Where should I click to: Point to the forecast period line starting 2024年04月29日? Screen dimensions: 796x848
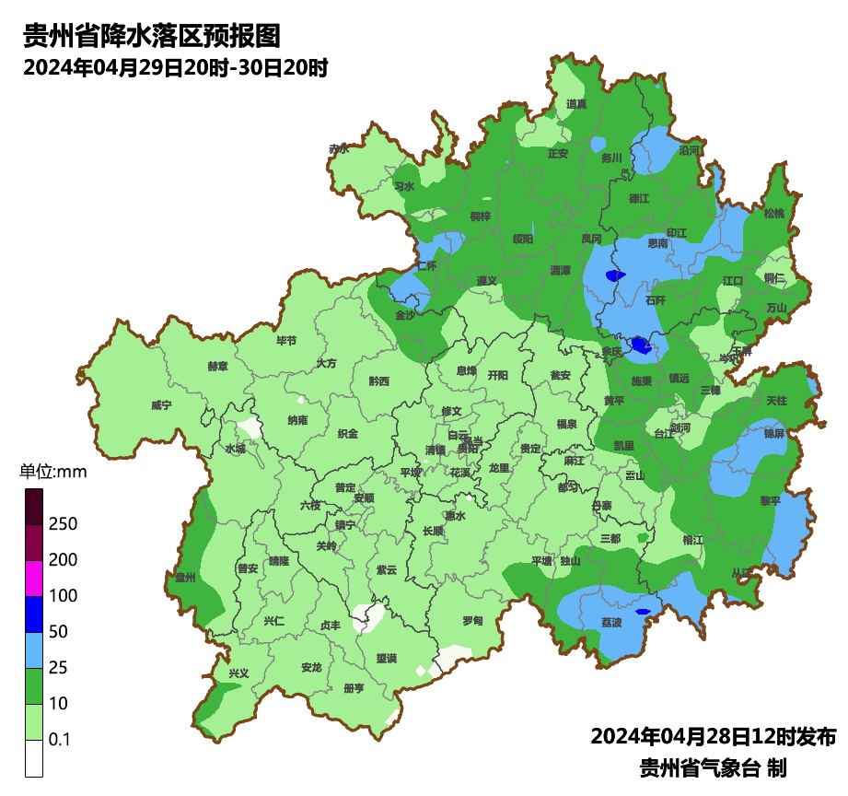pyautogui.click(x=176, y=68)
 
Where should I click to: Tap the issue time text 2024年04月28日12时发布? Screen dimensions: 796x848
pyautogui.click(x=713, y=737)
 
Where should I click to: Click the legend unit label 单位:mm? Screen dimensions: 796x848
pyautogui.click(x=52, y=473)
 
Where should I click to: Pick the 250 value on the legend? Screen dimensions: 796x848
pyautogui.click(x=63, y=524)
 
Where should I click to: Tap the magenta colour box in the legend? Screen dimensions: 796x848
pyautogui.click(x=34, y=578)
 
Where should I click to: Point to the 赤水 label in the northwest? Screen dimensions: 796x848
pyautogui.click(x=339, y=148)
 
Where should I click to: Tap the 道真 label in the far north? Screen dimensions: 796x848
pyautogui.click(x=576, y=104)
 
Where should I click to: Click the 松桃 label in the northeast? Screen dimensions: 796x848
pyautogui.click(x=773, y=214)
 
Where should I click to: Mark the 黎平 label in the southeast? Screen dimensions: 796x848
pyautogui.click(x=769, y=500)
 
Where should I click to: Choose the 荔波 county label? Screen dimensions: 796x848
pyautogui.click(x=611, y=622)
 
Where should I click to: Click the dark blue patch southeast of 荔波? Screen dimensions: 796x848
pyautogui.click(x=643, y=611)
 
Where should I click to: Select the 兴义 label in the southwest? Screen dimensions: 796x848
pyautogui.click(x=238, y=673)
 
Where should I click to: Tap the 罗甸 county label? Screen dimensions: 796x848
pyautogui.click(x=471, y=621)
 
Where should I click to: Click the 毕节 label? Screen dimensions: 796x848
pyautogui.click(x=286, y=341)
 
